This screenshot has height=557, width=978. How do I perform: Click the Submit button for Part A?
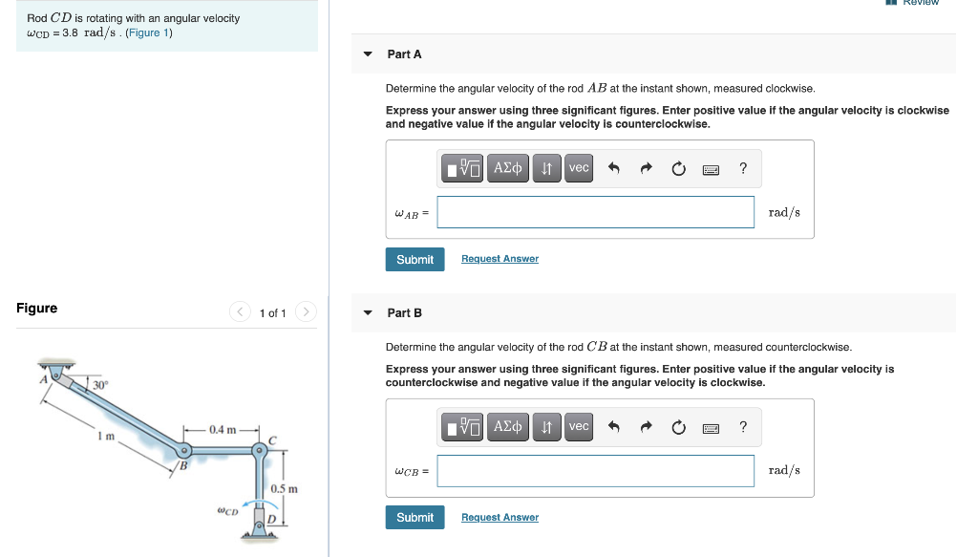[x=415, y=260]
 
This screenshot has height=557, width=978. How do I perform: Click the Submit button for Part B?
[x=415, y=518]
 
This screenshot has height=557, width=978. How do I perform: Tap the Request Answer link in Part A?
[x=500, y=259]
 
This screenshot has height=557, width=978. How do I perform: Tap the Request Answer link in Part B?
[x=500, y=517]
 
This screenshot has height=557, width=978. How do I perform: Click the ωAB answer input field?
[x=596, y=212]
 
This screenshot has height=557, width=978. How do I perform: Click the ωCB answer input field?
[x=596, y=471]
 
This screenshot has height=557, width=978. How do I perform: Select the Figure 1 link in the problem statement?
[x=149, y=32]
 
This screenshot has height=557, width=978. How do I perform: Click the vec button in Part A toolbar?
[x=579, y=168]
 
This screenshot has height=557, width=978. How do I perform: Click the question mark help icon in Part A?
[x=743, y=168]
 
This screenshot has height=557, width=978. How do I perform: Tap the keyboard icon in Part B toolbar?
[x=711, y=429]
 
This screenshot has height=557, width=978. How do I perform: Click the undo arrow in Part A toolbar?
[x=614, y=168]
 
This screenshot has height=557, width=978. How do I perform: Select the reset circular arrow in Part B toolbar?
[x=679, y=427]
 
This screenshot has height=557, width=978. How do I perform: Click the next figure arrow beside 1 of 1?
[x=306, y=311]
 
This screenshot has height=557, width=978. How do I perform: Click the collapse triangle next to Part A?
[x=368, y=54]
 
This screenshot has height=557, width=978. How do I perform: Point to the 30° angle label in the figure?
[x=100, y=385]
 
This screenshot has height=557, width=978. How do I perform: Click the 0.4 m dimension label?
[x=223, y=430]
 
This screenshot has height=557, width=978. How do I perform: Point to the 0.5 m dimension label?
[x=284, y=488]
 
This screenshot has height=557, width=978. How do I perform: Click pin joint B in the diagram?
[x=184, y=450]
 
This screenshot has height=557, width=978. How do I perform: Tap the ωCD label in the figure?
[x=227, y=511]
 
